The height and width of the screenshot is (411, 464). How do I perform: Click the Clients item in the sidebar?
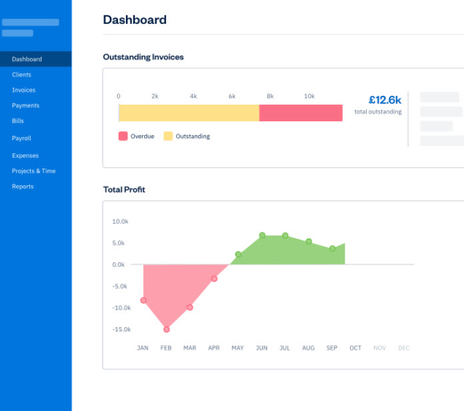21,75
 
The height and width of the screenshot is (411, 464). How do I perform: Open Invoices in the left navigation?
23,90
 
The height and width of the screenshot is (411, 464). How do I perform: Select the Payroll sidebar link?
21,139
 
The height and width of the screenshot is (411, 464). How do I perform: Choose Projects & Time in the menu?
33,171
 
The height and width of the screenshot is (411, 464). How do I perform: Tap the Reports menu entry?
23,187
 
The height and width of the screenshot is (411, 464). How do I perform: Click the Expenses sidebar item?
25,156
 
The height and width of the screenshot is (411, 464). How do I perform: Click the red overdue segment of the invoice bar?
301,113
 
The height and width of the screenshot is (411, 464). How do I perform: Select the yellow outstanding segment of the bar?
189,113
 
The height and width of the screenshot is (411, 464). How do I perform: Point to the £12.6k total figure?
385,100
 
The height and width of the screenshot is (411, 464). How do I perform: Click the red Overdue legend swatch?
123,136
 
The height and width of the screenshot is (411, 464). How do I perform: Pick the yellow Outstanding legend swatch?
168,136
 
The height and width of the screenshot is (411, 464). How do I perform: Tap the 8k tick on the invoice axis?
271,97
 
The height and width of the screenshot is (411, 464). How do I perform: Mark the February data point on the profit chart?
167,329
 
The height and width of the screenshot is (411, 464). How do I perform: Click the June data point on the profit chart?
262,235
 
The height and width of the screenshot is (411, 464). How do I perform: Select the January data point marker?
143,300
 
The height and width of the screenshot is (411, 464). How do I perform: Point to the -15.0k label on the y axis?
121,330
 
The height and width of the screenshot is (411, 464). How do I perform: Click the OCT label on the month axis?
355,348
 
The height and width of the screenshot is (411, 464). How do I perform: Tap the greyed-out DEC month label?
403,348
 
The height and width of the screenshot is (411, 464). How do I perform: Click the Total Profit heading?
124,190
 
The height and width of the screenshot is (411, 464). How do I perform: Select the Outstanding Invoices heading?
143,57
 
